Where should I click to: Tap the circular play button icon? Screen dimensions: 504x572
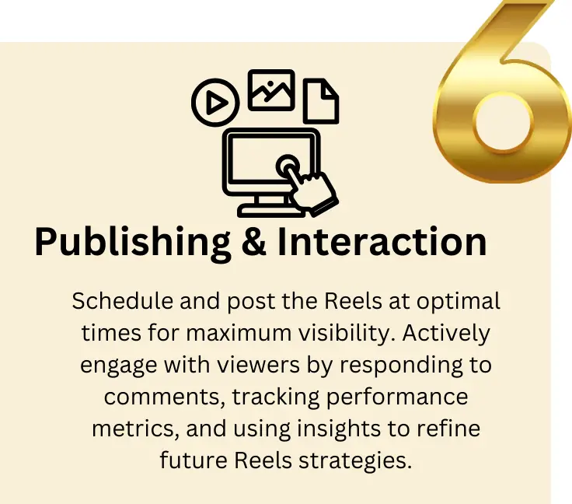click(x=215, y=102)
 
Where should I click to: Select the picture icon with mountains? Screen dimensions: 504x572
click(x=270, y=89)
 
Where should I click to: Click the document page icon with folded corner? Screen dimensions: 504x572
click(x=321, y=100)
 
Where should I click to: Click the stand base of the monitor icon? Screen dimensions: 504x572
click(x=270, y=209)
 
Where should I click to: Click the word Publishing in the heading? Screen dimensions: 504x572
click(x=133, y=243)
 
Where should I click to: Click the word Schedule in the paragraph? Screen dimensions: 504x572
click(x=117, y=301)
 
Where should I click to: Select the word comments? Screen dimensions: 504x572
click(x=152, y=397)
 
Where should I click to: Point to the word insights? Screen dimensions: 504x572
click(x=335, y=429)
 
